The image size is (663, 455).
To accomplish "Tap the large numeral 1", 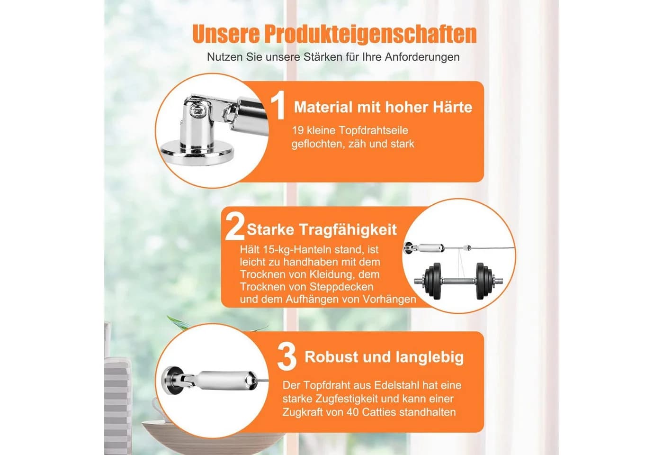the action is [278, 105].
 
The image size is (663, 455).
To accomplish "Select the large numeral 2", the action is [235, 227].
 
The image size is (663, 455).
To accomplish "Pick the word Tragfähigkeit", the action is [348, 230].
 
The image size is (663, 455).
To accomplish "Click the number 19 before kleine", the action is [298, 130].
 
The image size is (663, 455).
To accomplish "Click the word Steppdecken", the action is [341, 287].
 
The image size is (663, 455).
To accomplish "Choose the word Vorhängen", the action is [389, 299].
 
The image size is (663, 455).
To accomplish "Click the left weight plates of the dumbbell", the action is [432, 280].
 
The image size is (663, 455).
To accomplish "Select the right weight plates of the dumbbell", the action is [484, 280].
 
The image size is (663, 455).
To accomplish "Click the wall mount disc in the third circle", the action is [172, 381].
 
